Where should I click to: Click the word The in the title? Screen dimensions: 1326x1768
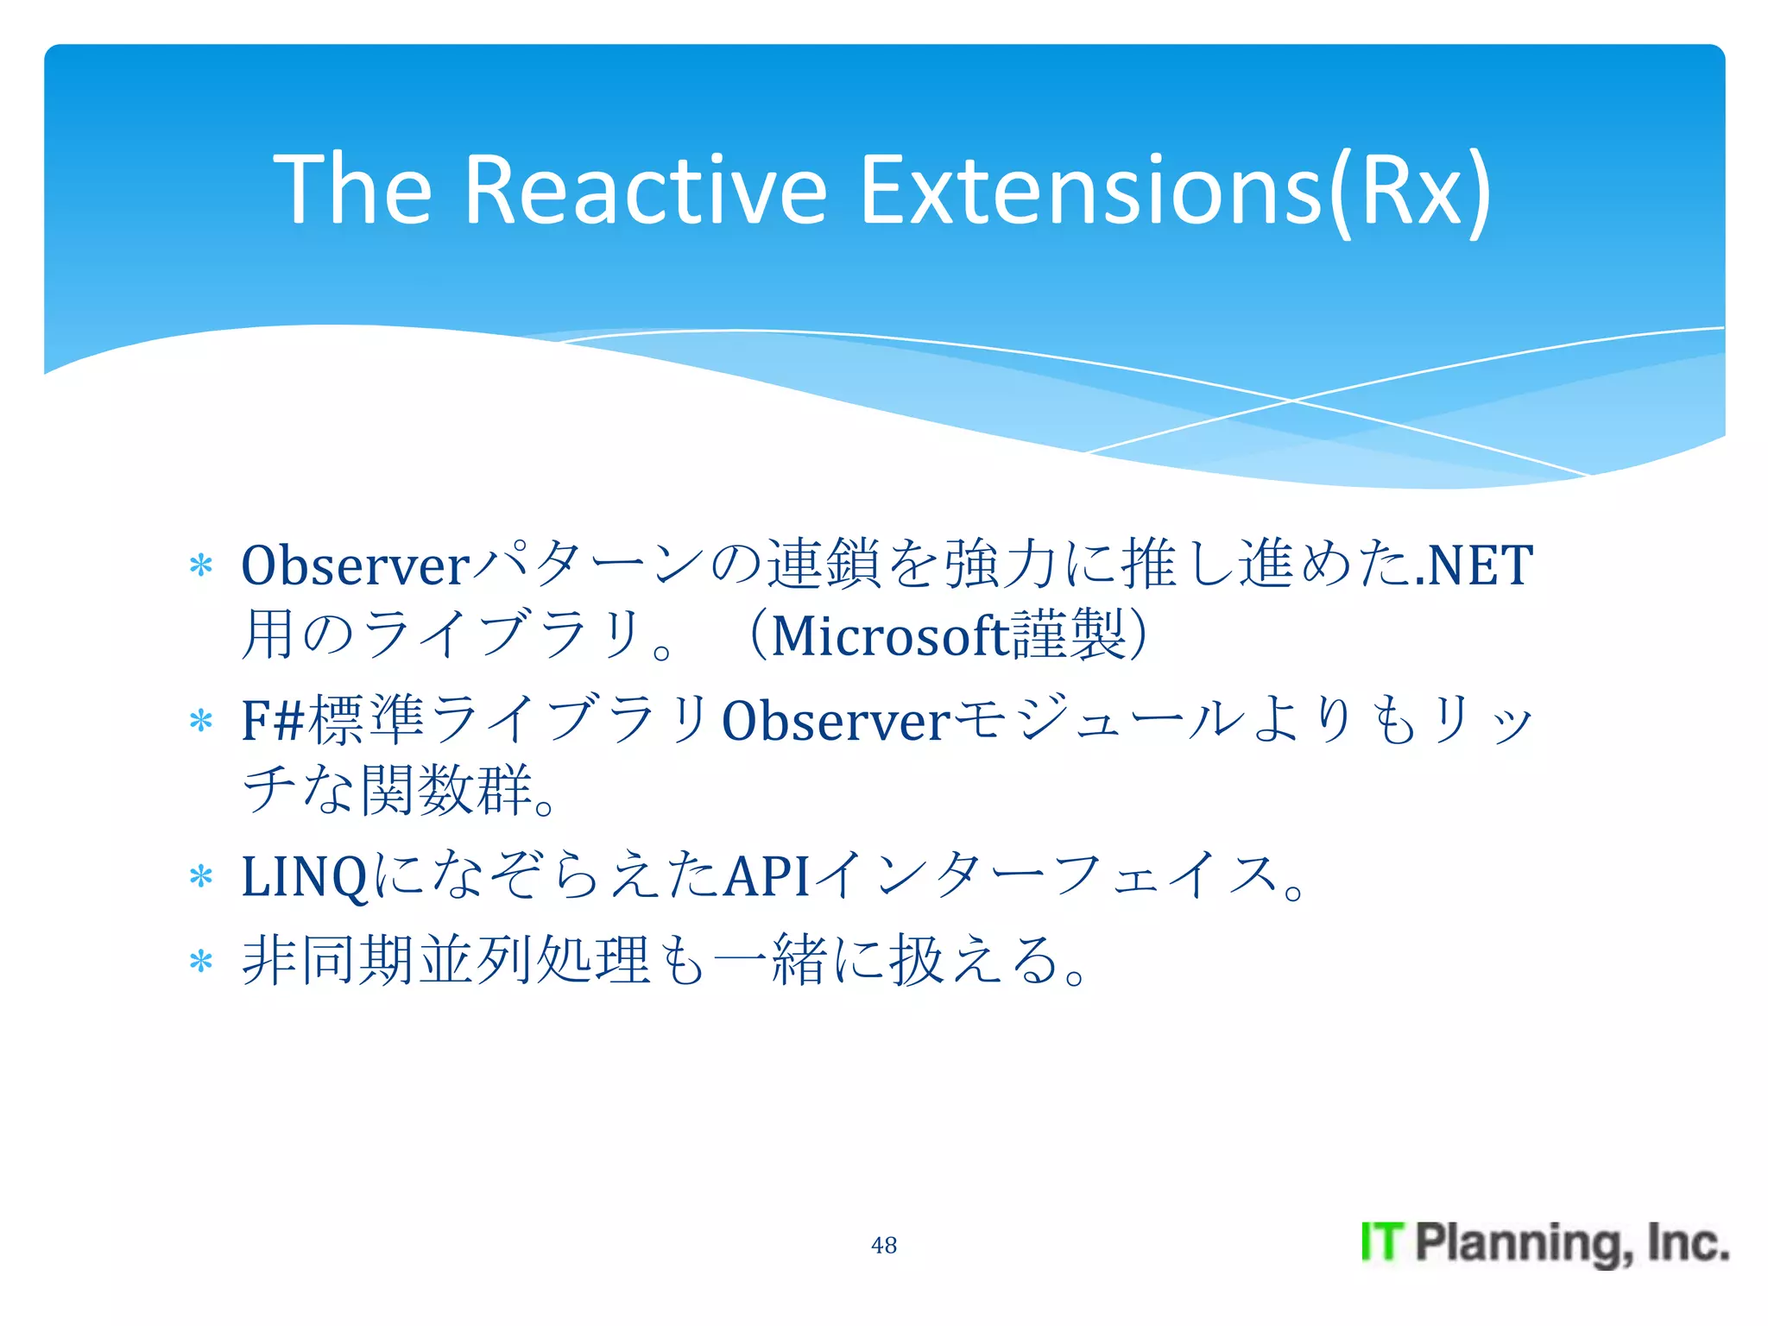[x=352, y=189]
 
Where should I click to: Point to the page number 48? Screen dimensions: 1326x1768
[x=884, y=1245]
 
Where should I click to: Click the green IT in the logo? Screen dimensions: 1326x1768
[x=1382, y=1242]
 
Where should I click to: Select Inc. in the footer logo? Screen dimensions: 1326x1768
[x=1687, y=1242]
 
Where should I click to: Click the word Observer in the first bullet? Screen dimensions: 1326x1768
[x=355, y=565]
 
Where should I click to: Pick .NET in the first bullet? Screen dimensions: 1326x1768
[x=1474, y=565]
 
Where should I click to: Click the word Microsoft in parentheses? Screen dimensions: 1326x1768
[x=890, y=636]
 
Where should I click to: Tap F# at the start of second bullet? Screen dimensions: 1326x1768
[x=272, y=721]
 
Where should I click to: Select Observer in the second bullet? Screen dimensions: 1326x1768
[x=835, y=721]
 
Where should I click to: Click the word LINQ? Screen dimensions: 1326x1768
[x=305, y=876]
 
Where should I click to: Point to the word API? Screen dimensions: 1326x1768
[x=766, y=876]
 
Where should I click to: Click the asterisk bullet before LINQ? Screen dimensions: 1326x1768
[x=201, y=876]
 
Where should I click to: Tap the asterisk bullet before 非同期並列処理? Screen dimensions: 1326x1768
[x=201, y=961]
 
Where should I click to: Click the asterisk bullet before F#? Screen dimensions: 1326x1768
[x=201, y=721]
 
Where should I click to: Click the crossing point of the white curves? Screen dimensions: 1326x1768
[x=1292, y=401]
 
